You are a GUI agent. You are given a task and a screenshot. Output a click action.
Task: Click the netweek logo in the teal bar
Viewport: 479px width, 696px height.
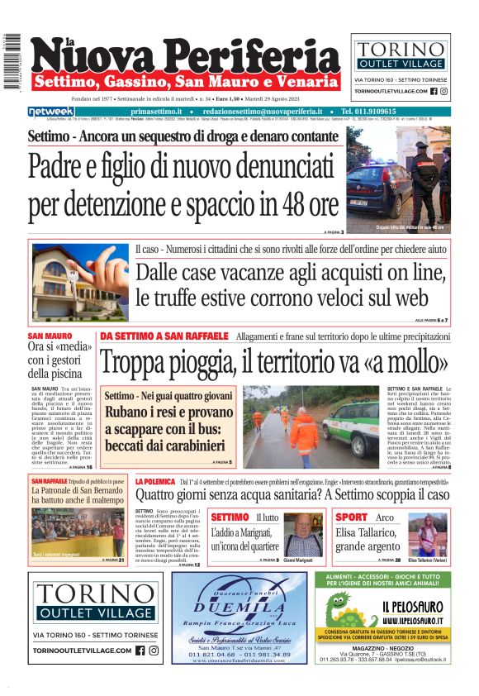click(51, 111)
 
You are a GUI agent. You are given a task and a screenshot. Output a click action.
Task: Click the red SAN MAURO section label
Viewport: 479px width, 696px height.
click(50, 336)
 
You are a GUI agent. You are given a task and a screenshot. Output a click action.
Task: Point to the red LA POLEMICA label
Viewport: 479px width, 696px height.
click(155, 481)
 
